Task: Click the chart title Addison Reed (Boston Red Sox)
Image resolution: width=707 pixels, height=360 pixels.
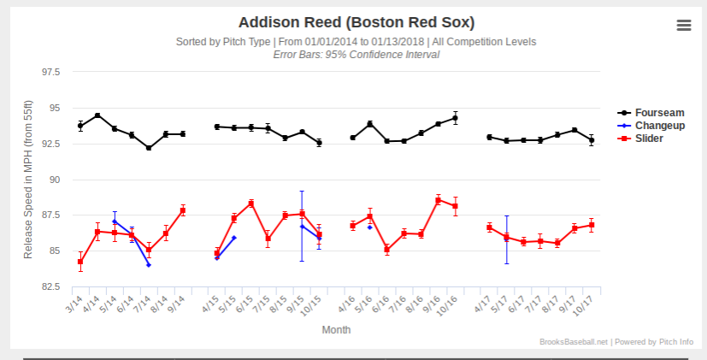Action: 356,22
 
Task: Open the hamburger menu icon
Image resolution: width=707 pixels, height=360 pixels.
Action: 683,25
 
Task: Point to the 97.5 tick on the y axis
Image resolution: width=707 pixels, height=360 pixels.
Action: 50,73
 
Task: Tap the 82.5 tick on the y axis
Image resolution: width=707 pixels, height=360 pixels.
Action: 50,286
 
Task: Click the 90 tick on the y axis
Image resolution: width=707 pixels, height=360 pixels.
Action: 55,180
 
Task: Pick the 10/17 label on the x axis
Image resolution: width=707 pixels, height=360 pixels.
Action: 586,303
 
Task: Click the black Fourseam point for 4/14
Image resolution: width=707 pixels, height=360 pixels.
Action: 97,115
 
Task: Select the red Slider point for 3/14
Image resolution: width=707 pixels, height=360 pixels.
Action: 80,262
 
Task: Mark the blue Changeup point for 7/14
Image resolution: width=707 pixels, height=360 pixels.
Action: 149,265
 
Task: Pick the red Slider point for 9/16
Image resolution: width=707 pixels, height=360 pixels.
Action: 438,200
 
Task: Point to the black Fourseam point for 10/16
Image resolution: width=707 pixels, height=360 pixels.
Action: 455,118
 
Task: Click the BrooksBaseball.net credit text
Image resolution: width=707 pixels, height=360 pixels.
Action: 574,341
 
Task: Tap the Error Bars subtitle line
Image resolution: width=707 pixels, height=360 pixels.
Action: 356,54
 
